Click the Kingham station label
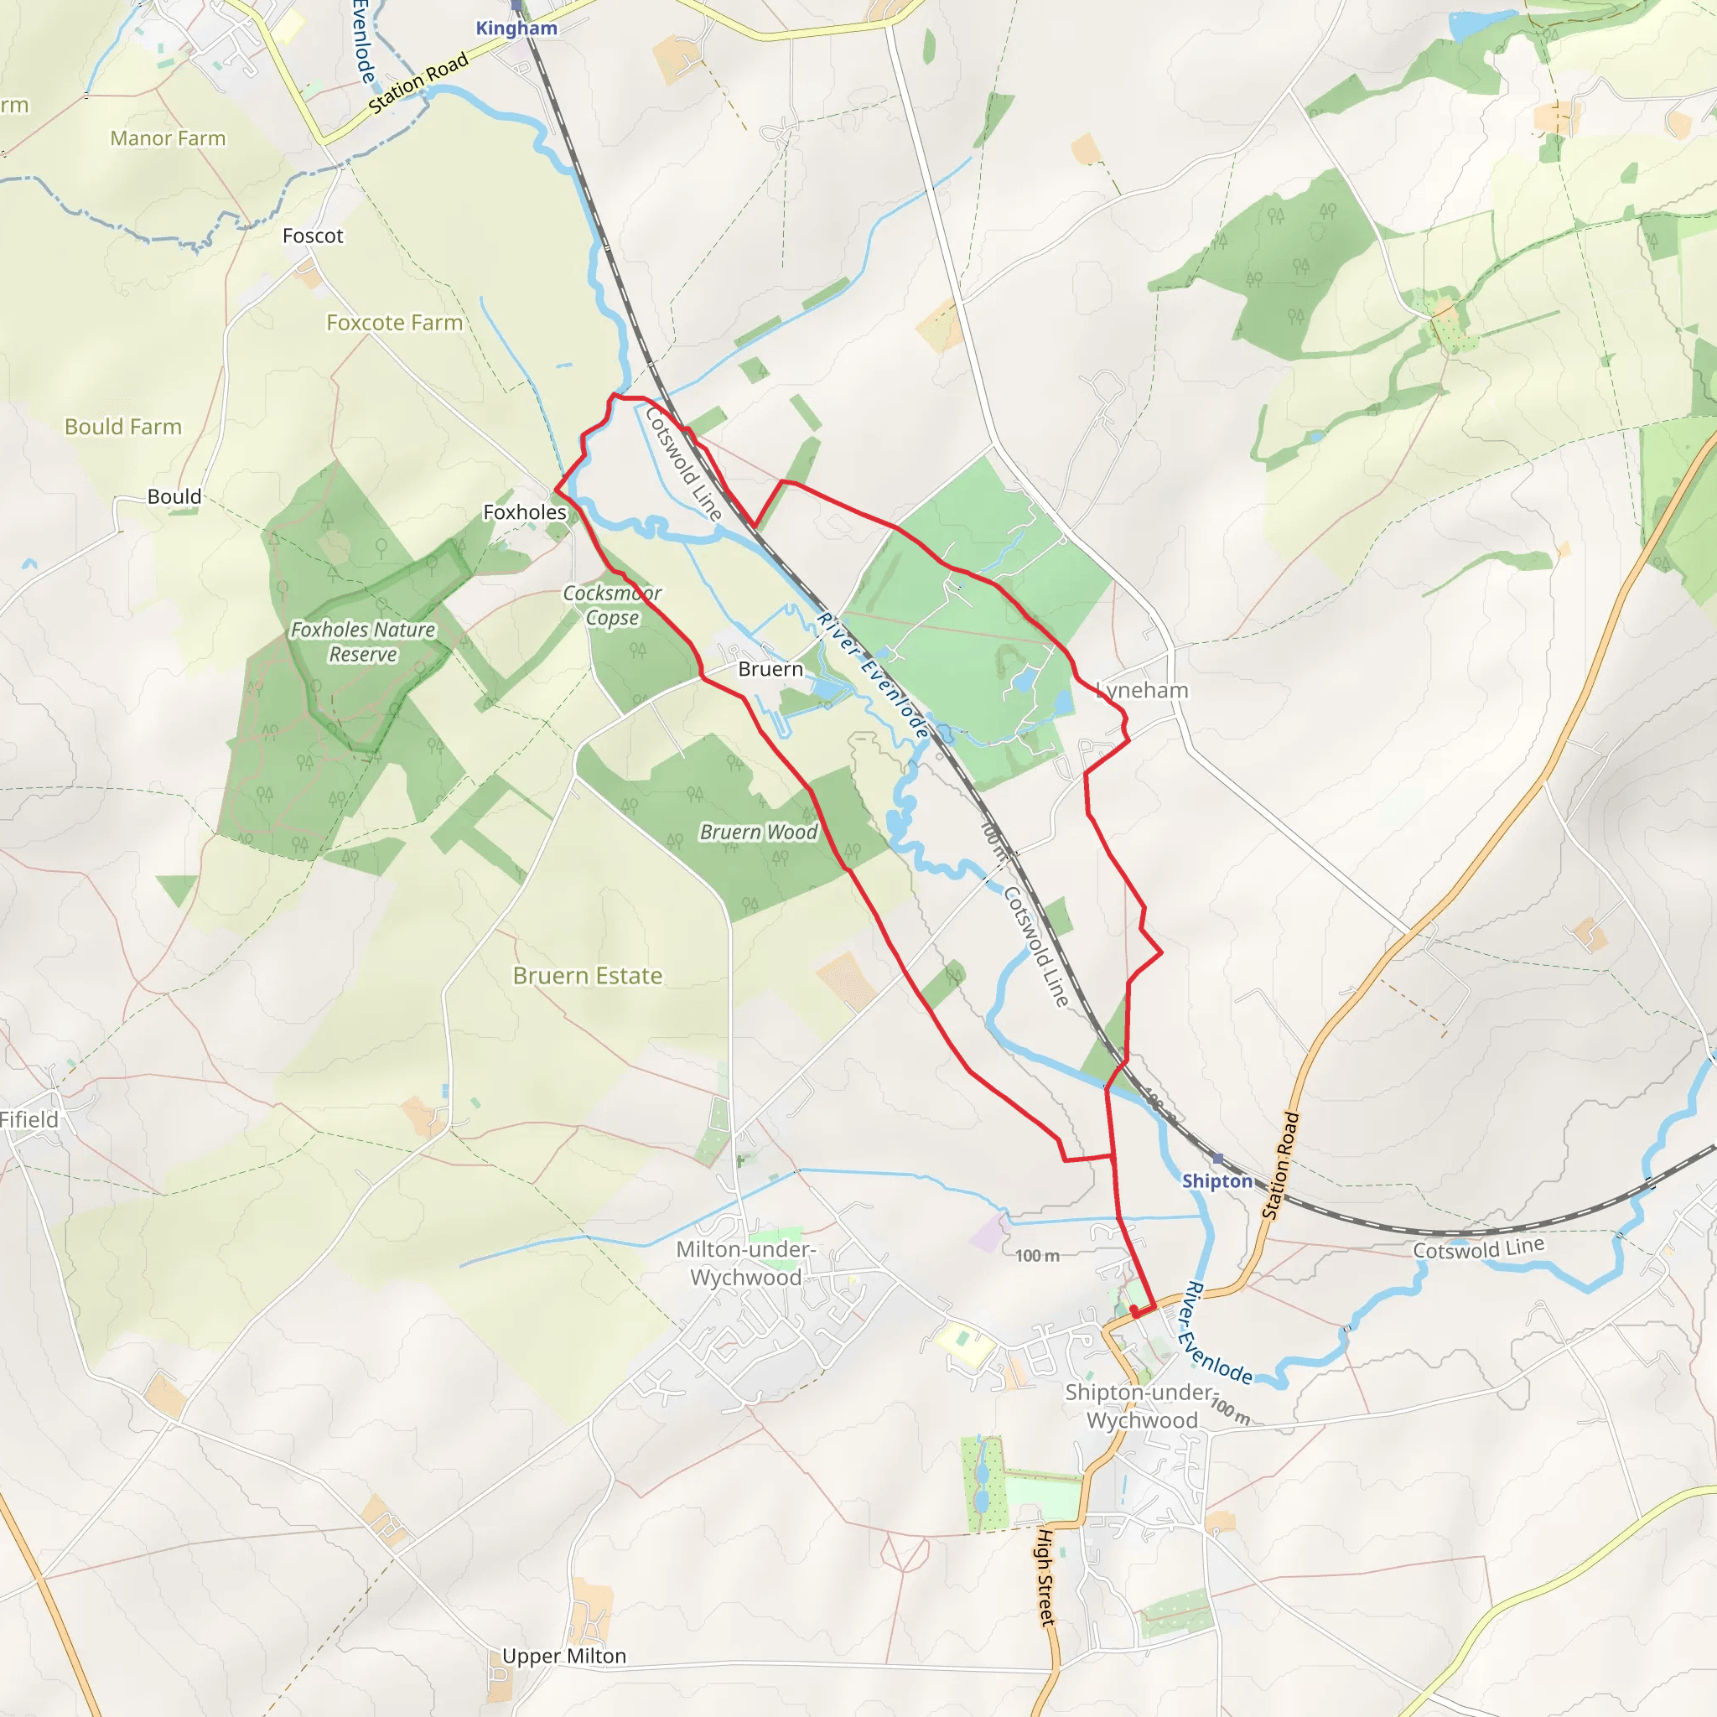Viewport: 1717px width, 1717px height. [x=516, y=28]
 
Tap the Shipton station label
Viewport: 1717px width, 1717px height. [x=1216, y=1181]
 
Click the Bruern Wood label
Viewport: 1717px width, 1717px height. [x=758, y=832]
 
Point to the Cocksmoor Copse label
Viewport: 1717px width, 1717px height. [x=612, y=605]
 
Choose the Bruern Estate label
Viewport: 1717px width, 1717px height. [x=588, y=976]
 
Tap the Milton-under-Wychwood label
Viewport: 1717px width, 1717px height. [x=745, y=1263]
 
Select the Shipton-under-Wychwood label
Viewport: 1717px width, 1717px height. [x=1141, y=1406]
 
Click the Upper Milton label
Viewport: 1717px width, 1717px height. [x=564, y=1657]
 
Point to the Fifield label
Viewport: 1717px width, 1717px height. [x=29, y=1120]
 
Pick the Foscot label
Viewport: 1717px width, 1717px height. [x=313, y=236]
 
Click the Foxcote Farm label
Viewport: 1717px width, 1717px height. [x=395, y=323]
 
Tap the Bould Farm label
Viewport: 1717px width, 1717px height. [x=123, y=427]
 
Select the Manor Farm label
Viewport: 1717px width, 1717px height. [x=168, y=138]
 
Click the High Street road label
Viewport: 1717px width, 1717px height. [x=1046, y=1578]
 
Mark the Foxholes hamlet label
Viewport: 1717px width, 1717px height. [x=524, y=512]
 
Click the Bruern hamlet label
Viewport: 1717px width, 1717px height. [x=770, y=669]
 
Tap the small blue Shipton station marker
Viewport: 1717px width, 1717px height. [x=1218, y=1158]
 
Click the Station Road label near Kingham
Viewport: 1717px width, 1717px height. [x=418, y=84]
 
